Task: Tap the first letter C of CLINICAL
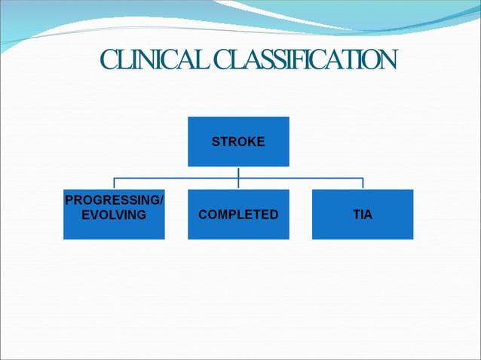pos(109,59)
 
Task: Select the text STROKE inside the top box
pos(238,142)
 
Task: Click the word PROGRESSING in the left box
pos(112,201)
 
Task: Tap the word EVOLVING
pos(114,215)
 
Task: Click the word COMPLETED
pos(238,215)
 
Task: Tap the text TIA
pos(363,215)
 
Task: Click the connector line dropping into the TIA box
pos(363,184)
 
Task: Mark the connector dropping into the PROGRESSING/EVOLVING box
pos(114,184)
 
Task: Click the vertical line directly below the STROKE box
pos(238,172)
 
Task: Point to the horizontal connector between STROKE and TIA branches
pos(302,178)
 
